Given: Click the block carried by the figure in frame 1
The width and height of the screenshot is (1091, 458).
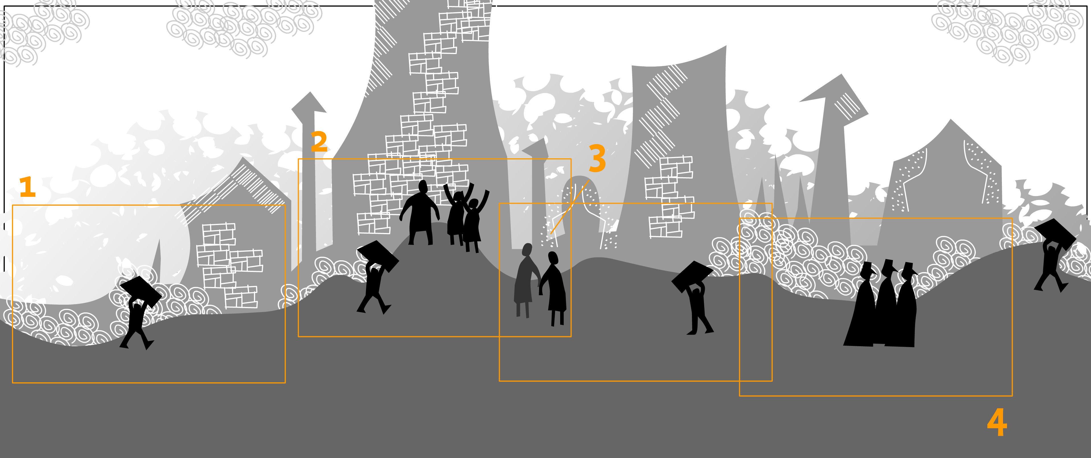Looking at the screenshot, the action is tap(141, 292).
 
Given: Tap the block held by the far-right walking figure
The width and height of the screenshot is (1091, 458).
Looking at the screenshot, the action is tap(1055, 234).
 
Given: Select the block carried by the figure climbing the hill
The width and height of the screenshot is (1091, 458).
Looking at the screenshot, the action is tap(378, 256).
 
